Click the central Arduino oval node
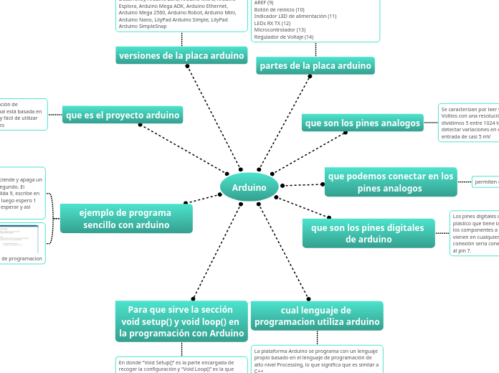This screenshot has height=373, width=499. [x=249, y=187]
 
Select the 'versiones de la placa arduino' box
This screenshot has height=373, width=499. [x=181, y=55]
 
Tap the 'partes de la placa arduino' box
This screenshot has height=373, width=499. [x=315, y=66]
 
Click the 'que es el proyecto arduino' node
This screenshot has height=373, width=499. [x=123, y=115]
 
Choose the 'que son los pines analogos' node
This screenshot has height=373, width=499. [x=363, y=123]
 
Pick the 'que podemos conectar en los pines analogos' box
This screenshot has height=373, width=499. [x=391, y=182]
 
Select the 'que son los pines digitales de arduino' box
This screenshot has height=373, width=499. [x=368, y=233]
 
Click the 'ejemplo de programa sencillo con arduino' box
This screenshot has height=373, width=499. [x=125, y=219]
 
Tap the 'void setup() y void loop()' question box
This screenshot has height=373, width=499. [x=181, y=321]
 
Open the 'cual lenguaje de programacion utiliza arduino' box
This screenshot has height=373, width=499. [x=317, y=316]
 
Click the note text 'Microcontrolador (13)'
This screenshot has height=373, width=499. [x=280, y=30]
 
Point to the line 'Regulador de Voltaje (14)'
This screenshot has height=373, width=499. [x=284, y=37]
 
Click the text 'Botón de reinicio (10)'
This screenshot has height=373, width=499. [x=280, y=9]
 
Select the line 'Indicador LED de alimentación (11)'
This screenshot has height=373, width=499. [x=295, y=16]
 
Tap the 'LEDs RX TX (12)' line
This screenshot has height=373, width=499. [x=272, y=23]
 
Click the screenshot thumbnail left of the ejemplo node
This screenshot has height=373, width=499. [x=20, y=239]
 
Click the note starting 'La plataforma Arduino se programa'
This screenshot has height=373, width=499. [x=317, y=360]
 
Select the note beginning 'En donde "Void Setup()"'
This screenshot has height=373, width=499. [x=181, y=365]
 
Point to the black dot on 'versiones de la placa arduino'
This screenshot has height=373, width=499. [x=187, y=66]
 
